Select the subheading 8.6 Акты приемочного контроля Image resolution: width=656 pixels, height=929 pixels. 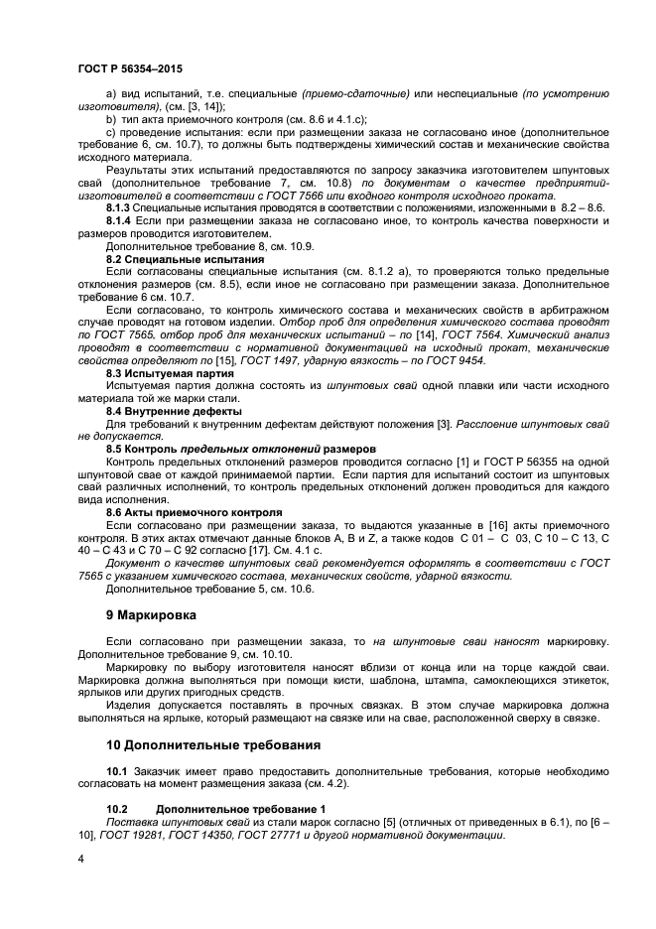pyautogui.click(x=195, y=511)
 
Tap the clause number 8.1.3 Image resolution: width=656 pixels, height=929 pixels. pyautogui.click(x=118, y=209)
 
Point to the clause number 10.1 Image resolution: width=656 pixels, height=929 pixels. pyautogui.click(x=117, y=770)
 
